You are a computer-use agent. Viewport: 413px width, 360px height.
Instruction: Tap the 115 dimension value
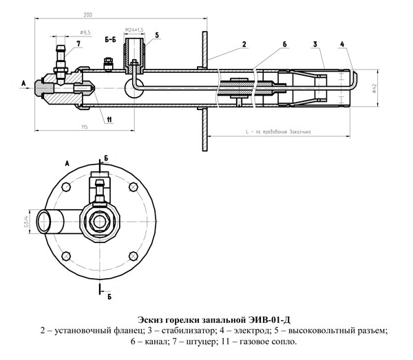tap(83, 127)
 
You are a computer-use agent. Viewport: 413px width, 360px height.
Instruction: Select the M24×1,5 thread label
tap(134, 30)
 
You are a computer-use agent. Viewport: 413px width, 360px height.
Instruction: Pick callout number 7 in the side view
tap(78, 43)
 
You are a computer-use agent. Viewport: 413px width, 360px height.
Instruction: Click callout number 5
tap(157, 34)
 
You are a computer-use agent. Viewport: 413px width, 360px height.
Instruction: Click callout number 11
tap(109, 120)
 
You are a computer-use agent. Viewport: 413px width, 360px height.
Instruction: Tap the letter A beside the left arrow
tap(23, 83)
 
